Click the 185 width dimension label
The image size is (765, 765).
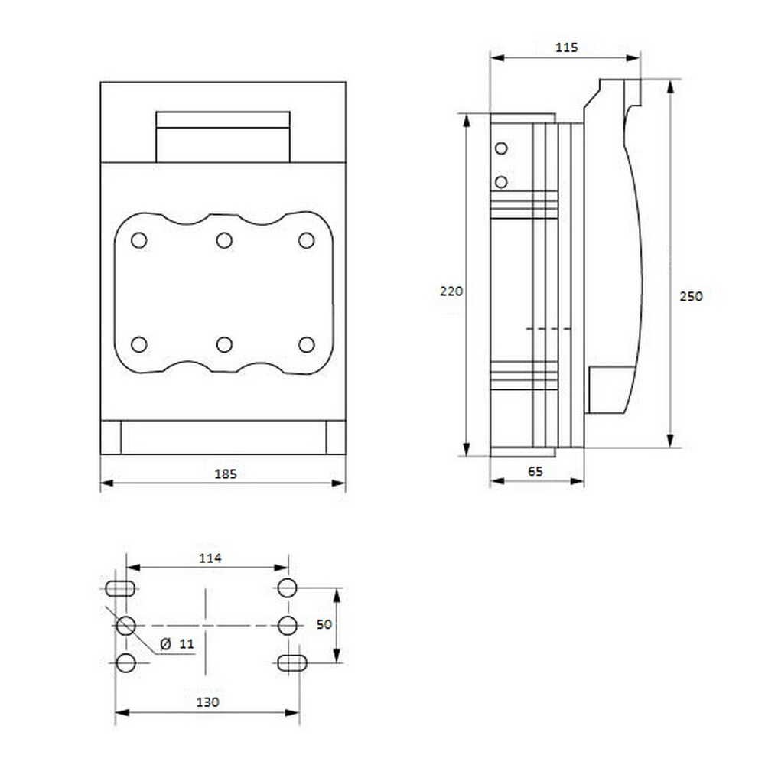(226, 474)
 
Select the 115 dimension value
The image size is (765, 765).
(566, 47)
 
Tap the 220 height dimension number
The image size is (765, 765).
(451, 291)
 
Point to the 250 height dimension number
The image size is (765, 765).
(692, 296)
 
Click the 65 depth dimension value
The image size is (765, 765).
(535, 471)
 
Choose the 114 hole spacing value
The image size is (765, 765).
(210, 558)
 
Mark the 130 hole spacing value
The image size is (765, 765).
(207, 702)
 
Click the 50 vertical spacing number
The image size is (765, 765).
(324, 624)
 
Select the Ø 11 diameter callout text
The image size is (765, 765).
(177, 644)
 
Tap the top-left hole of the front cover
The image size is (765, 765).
(139, 240)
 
